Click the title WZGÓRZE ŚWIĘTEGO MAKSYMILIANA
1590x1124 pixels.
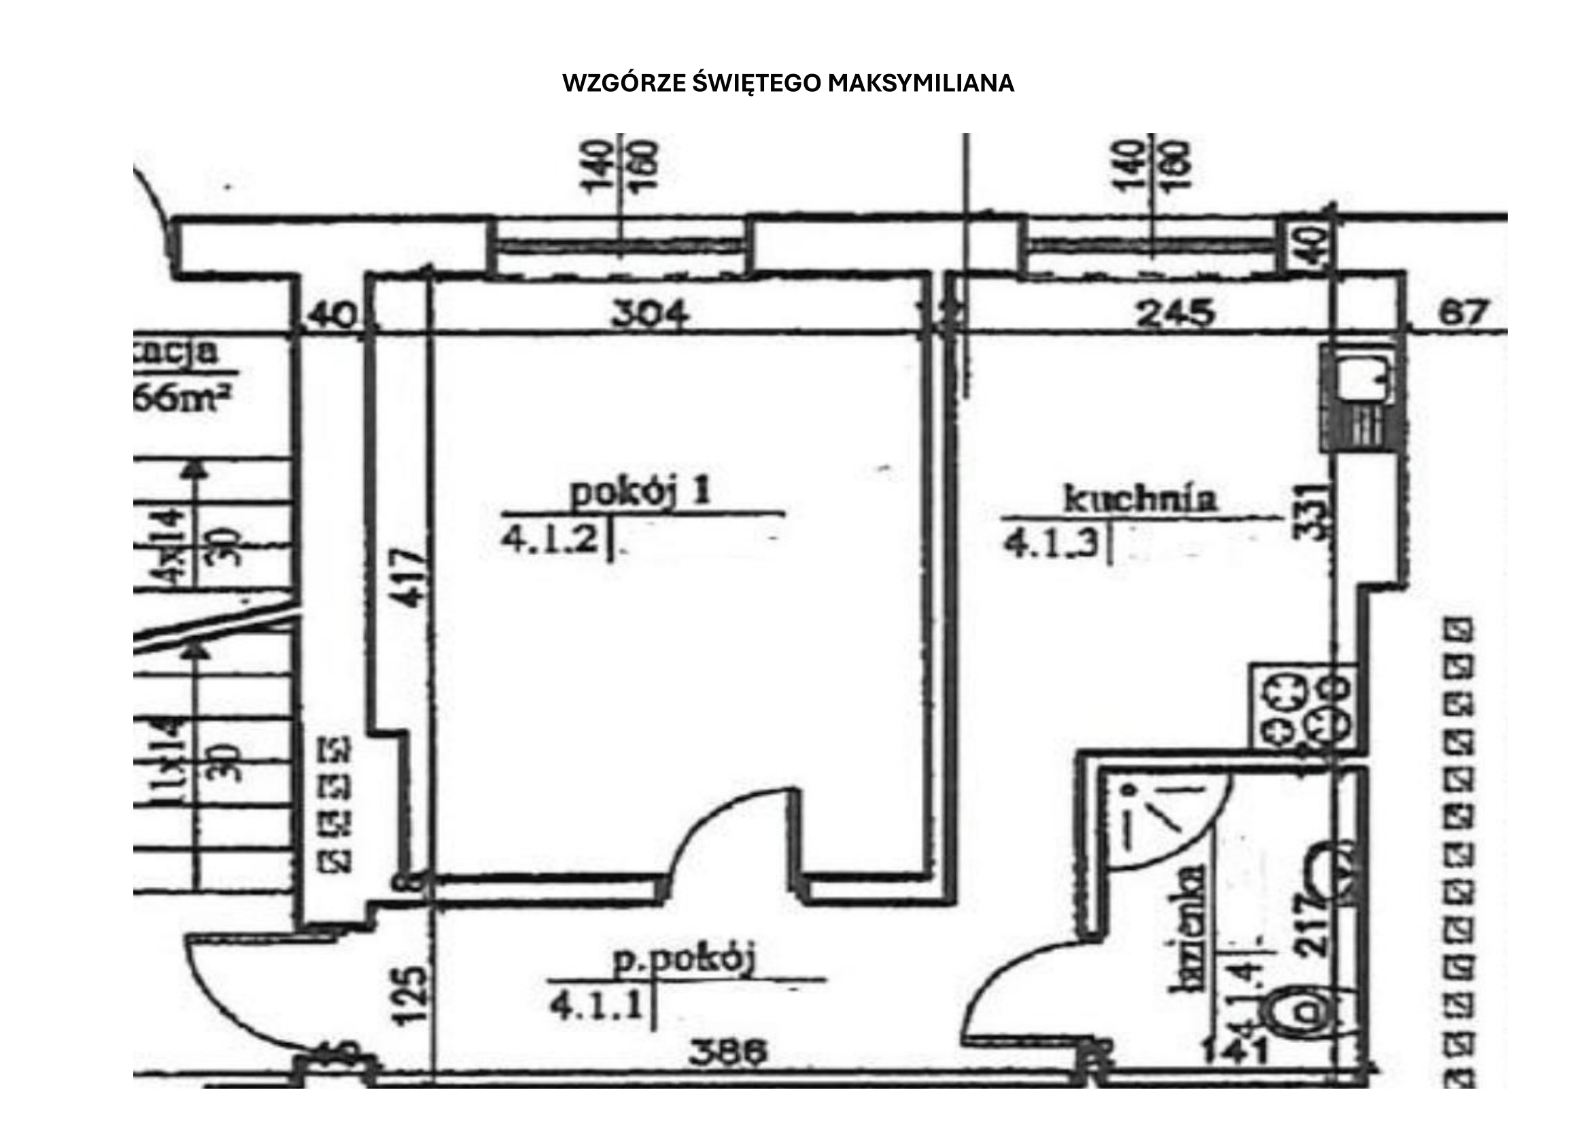(788, 83)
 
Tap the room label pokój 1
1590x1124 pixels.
(640, 493)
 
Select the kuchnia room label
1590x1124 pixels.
(1140, 498)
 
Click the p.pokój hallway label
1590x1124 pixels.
(685, 960)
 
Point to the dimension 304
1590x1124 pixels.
(651, 313)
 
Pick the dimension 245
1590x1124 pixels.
(1175, 313)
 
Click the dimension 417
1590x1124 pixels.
(411, 578)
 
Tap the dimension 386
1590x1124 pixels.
(728, 1053)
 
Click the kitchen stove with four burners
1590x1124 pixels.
(1302, 707)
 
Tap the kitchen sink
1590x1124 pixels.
(1362, 379)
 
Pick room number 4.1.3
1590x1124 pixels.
(1051, 544)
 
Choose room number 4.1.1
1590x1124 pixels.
(597, 1006)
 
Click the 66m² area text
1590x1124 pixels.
(182, 400)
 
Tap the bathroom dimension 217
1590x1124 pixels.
(1311, 926)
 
